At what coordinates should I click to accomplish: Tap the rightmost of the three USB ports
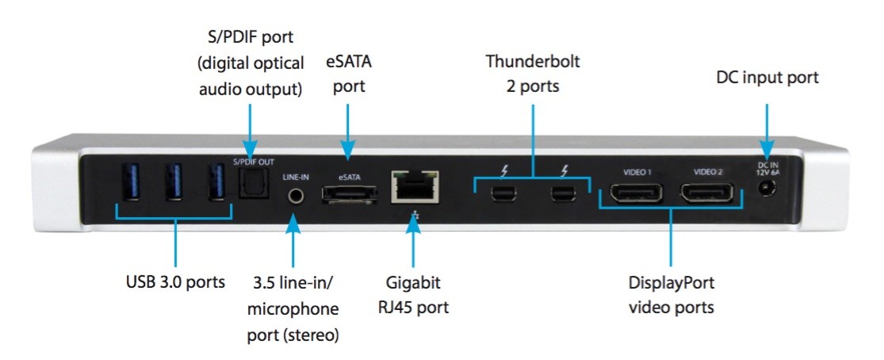coord(213,182)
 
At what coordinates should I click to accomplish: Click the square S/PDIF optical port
coord(252,186)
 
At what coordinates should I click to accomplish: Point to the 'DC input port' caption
coord(767,78)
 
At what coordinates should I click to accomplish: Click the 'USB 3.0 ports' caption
coord(175,281)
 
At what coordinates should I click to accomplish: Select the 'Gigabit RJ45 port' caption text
coord(414,295)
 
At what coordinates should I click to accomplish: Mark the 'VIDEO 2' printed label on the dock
coord(708,171)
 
